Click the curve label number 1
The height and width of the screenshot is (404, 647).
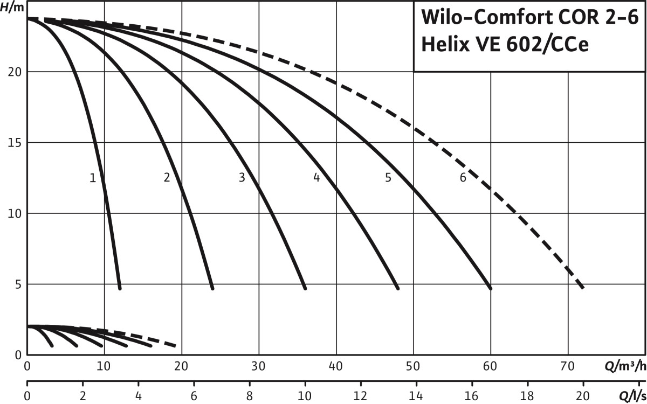click(93, 178)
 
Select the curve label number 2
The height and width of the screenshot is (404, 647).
click(167, 178)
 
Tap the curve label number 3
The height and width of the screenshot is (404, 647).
click(242, 178)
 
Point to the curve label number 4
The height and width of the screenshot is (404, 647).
click(316, 178)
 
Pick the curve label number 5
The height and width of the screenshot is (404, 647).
click(388, 178)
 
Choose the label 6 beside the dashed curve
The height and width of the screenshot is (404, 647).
click(463, 178)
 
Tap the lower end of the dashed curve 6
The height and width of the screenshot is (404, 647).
click(582, 288)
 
